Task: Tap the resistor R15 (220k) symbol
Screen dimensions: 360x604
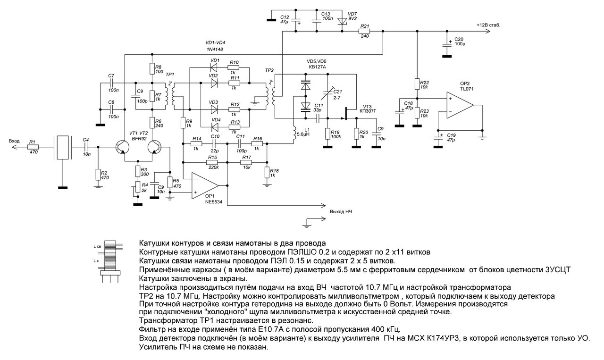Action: point(212,162)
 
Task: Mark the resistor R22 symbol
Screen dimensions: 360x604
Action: point(417,84)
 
